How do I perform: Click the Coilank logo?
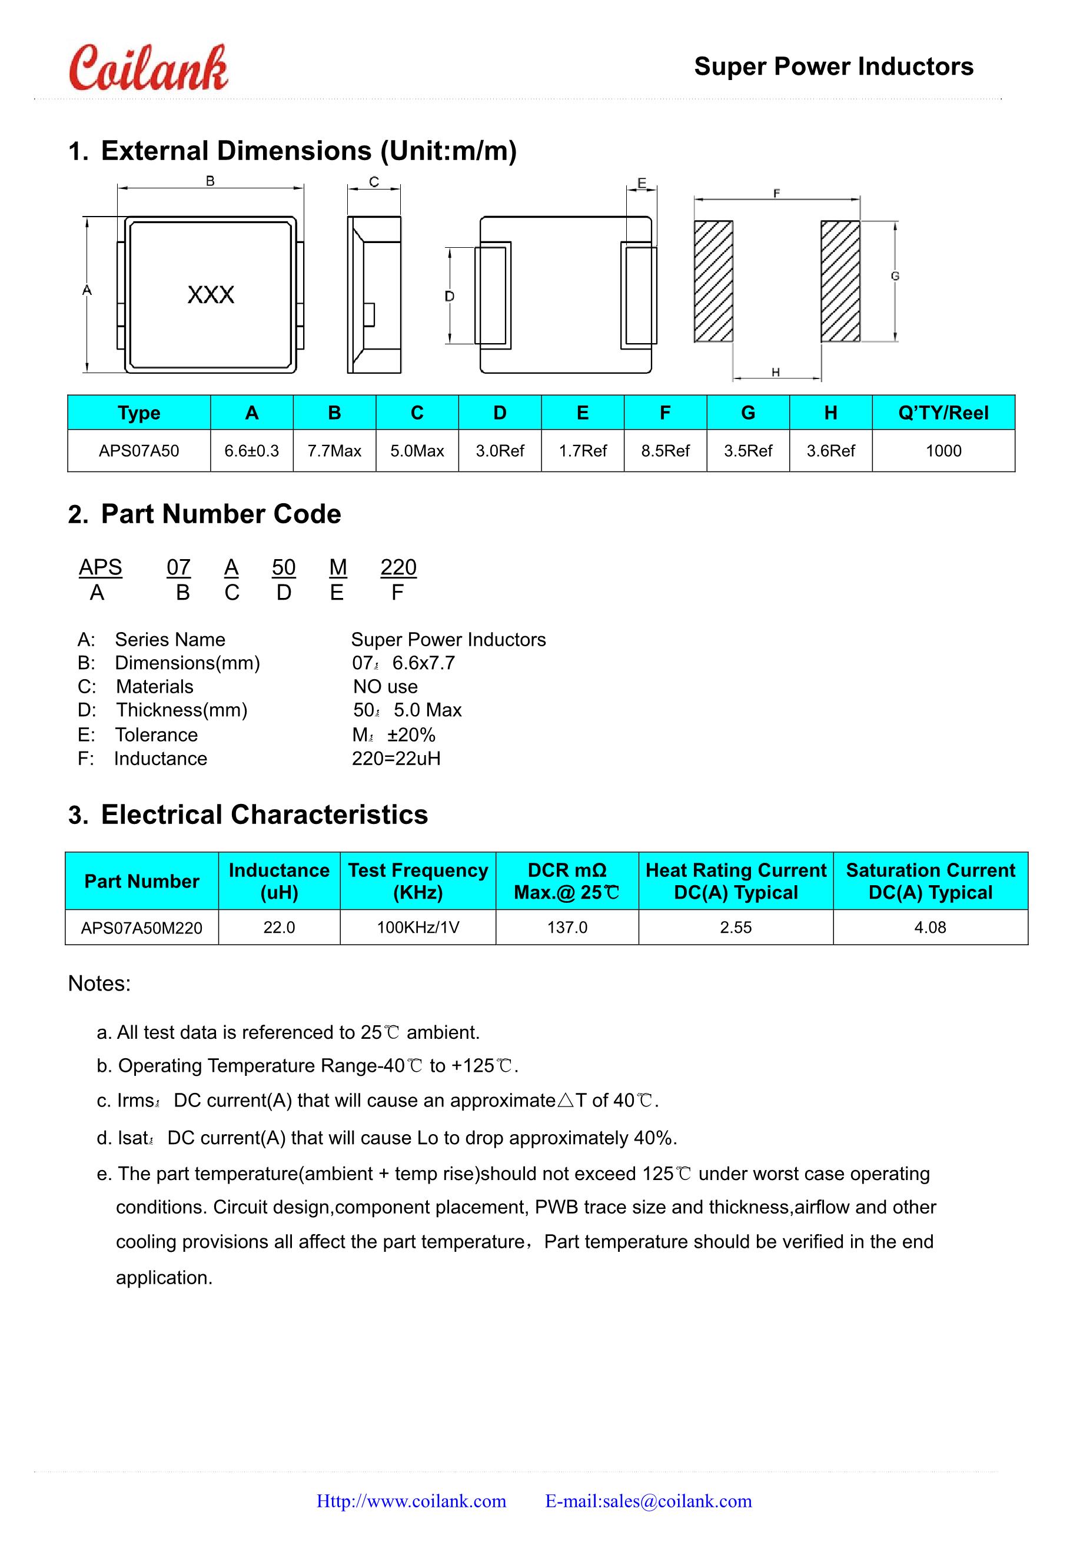(148, 68)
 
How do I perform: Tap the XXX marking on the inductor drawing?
(211, 295)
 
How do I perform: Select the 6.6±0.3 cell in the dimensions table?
(251, 451)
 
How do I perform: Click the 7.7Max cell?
(334, 451)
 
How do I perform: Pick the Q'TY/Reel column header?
(943, 413)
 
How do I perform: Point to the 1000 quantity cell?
(943, 451)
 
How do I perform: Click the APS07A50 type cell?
(139, 451)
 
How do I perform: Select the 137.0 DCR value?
(567, 928)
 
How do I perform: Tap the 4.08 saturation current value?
(930, 928)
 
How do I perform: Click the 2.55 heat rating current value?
(736, 928)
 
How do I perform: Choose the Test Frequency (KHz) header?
(418, 881)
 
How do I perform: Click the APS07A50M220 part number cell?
(142, 928)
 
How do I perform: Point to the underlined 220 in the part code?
(398, 567)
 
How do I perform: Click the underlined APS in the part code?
(100, 567)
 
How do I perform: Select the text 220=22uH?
(396, 759)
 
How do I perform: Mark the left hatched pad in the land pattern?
(713, 281)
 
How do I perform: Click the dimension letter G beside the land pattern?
(895, 276)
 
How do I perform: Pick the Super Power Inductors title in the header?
(833, 67)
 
